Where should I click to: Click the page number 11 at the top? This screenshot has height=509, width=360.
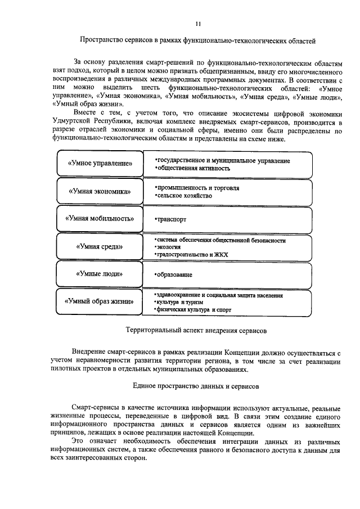tap(197, 24)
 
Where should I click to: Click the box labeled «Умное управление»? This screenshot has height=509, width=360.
tap(100, 164)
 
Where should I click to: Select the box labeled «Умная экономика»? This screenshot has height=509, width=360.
tap(100, 191)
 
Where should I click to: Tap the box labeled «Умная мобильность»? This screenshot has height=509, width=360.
tap(100, 219)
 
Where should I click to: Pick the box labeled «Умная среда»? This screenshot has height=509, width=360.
tap(100, 246)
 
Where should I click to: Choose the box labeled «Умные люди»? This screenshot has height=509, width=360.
tap(100, 274)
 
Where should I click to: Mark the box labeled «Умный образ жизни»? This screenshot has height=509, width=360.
tap(100, 301)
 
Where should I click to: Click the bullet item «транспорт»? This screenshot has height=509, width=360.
tap(170, 220)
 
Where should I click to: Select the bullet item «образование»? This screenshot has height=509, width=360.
tap(174, 275)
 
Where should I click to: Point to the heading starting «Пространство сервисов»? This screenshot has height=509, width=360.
tap(197, 40)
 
